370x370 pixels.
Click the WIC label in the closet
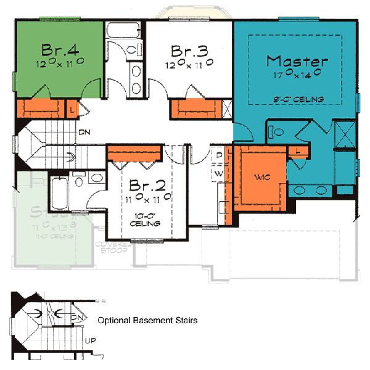click(262, 178)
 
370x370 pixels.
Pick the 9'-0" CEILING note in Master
click(300, 99)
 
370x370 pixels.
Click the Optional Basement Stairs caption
click(147, 321)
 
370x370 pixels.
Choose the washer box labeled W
click(219, 174)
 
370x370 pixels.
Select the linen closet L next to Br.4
click(73, 109)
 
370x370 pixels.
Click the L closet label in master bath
click(298, 150)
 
